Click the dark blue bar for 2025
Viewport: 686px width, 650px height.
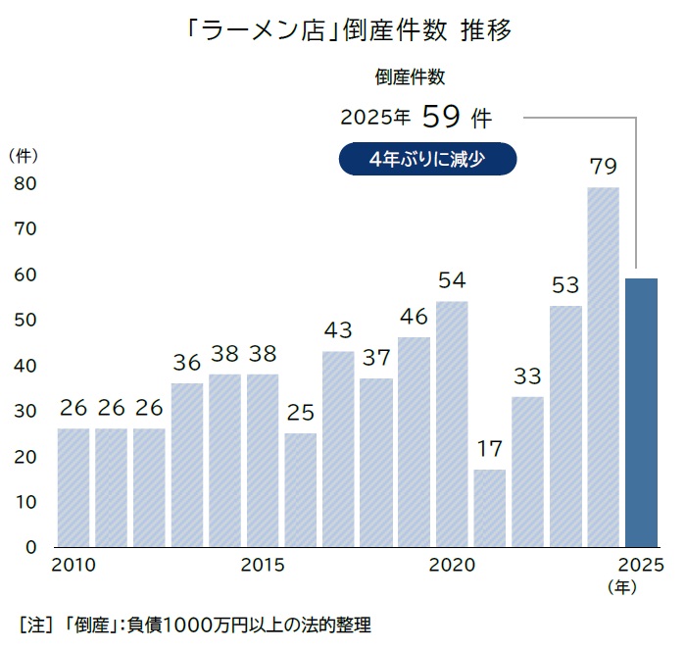(x=641, y=412)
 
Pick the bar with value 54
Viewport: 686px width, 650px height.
(x=452, y=423)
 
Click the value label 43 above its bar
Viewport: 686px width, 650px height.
(x=337, y=330)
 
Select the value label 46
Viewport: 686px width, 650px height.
(x=414, y=317)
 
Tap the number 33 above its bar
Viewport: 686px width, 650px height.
(x=527, y=376)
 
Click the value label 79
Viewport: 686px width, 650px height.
(x=603, y=167)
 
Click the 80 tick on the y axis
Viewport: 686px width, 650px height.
(x=24, y=183)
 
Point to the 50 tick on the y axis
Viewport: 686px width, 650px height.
(x=24, y=321)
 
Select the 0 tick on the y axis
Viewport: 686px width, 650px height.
(x=30, y=547)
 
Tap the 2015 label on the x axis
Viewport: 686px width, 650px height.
(x=262, y=566)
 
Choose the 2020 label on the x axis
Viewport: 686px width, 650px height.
(x=452, y=566)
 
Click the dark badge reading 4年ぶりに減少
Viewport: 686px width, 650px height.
(x=427, y=160)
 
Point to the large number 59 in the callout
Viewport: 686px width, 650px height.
(x=442, y=118)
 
